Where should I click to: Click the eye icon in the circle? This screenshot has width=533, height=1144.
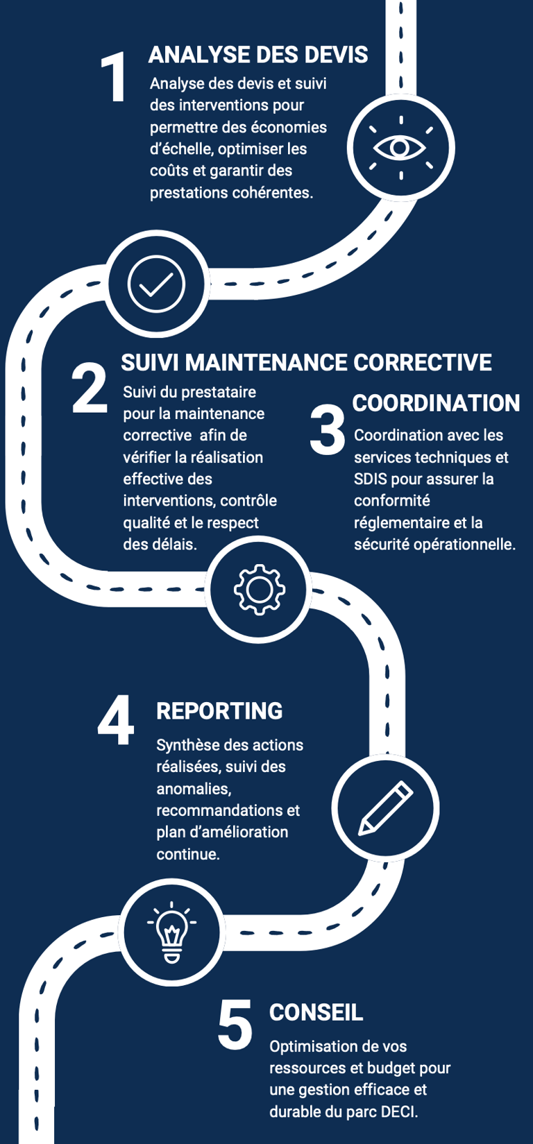pos(400,148)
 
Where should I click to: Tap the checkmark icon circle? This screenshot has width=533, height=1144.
pos(157,284)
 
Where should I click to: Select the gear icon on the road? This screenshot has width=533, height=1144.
pos(259,590)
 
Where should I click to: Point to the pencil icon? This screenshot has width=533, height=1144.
pos(385,808)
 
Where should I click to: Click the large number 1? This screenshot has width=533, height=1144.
pos(114,78)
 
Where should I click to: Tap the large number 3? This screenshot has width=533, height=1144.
pos(328,431)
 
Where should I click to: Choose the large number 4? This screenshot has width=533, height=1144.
pos(116,722)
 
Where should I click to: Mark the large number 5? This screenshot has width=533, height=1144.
pos(235,1025)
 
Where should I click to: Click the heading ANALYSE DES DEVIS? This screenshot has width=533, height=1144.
pos(258,55)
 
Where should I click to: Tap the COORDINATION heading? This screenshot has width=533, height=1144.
pos(436,403)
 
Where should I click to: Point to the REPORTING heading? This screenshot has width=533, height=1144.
pos(219,711)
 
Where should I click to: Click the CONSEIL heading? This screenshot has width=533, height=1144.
pos(316,1012)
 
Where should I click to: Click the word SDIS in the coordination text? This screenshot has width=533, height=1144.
pos(370,479)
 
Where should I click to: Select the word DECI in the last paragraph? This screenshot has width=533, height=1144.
pos(399,1111)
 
